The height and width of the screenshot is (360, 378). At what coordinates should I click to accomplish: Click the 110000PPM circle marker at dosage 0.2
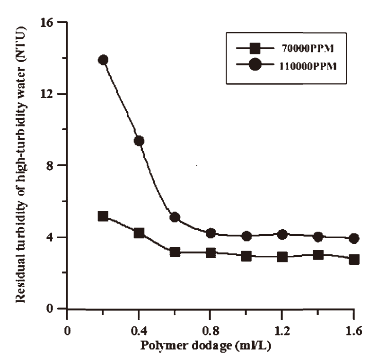(103, 60)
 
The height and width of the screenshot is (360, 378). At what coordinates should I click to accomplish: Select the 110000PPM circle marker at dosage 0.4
(139, 141)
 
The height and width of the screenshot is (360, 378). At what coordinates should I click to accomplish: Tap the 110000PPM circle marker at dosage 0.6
(175, 217)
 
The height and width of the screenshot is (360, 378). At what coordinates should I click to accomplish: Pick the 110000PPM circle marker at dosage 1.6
(354, 238)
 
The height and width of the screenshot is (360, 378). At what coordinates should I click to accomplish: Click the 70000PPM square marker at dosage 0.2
(103, 216)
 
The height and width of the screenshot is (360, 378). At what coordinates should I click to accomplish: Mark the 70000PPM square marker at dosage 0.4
(139, 233)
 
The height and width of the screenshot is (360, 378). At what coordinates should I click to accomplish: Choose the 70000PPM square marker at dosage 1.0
(246, 256)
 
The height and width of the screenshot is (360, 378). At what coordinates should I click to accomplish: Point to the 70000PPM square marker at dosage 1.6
(354, 259)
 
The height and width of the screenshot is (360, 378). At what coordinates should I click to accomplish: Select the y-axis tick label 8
(55, 166)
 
